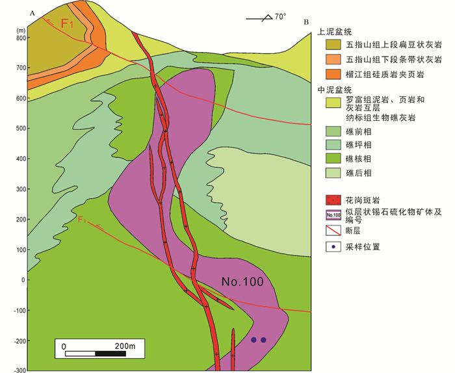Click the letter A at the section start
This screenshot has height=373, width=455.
(x=32, y=12)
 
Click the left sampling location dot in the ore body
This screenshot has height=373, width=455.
(x=253, y=340)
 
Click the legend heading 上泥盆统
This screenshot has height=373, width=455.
(x=333, y=31)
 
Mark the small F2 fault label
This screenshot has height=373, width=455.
(x=83, y=220)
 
